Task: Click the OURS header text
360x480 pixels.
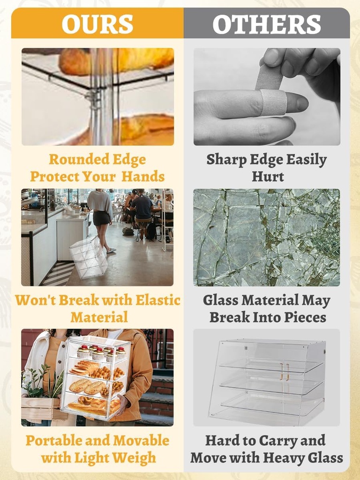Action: click(x=97, y=24)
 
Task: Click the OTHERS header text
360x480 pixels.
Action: click(x=267, y=24)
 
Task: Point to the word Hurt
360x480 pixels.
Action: click(x=268, y=176)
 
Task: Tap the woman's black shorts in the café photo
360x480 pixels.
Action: click(x=101, y=218)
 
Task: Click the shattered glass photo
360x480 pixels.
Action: click(x=266, y=238)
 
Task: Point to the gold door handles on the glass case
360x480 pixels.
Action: click(x=284, y=372)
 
